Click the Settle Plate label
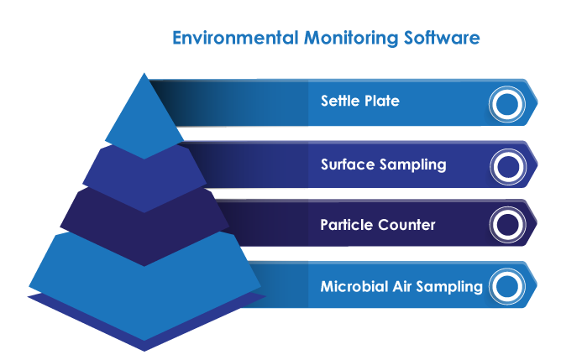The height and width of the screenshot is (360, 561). point(359,102)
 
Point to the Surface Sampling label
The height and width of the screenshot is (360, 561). point(383,164)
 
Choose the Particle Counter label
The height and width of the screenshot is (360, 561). point(377,225)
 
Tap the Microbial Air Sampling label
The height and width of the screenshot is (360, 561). point(401,287)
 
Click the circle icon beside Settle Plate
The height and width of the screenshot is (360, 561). point(506,104)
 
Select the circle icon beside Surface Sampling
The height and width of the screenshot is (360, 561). point(506,165)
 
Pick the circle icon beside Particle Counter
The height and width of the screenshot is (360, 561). point(506,225)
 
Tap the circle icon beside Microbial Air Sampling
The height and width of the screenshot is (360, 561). point(506,286)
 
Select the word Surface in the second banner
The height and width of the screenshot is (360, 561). point(346,164)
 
